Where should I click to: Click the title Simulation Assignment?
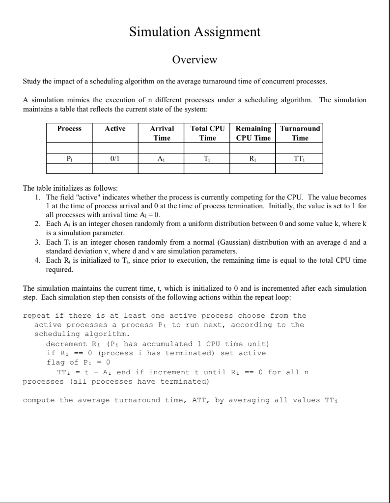(x=195, y=32)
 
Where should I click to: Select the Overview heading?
(x=195, y=60)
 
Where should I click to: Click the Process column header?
(x=69, y=129)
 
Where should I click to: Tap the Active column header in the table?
(x=115, y=129)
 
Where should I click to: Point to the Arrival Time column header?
(x=162, y=133)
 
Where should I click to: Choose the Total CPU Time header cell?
(x=207, y=133)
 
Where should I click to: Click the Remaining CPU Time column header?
(x=253, y=133)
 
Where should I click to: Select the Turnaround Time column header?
(x=300, y=133)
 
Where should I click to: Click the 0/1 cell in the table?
(x=115, y=159)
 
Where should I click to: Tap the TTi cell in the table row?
(x=300, y=159)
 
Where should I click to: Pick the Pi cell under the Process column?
(x=69, y=159)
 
